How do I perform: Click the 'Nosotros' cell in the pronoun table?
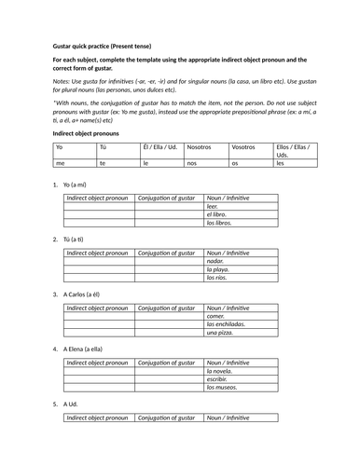coord(202,148)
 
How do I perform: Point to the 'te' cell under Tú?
coord(103,163)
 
